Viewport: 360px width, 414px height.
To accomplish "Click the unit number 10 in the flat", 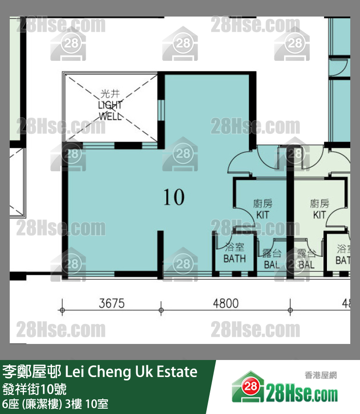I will (174, 198).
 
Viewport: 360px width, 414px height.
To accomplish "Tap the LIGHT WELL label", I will (111, 110).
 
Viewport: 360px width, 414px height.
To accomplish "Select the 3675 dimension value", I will (112, 304).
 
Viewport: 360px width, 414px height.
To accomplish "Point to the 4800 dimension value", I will (226, 304).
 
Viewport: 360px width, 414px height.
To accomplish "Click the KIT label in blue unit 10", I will (262, 215).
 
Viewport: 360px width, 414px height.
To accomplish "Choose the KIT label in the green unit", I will (320, 215).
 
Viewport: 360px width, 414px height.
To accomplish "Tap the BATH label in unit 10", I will (234, 259).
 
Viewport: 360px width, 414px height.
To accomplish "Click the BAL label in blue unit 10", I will (272, 265).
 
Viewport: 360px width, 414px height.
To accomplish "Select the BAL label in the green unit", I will (306, 265).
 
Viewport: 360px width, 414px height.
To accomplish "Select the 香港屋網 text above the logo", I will (321, 375).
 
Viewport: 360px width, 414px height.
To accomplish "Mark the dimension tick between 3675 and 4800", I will (161, 310).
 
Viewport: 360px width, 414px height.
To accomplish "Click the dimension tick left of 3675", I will (62, 310).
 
